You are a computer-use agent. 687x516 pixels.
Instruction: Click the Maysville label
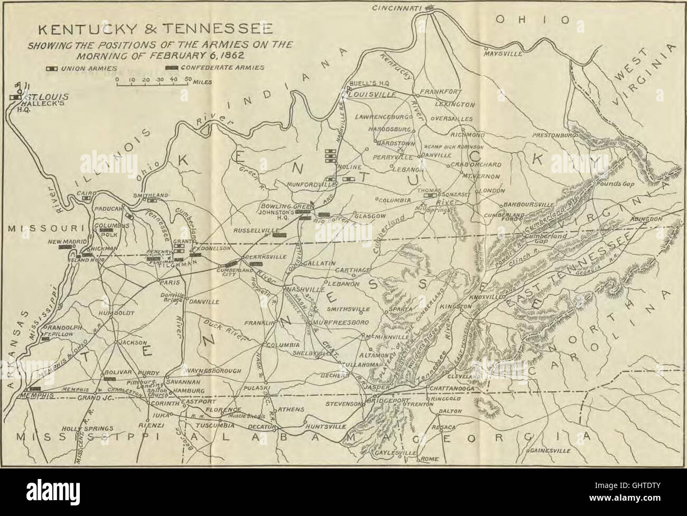click(x=503, y=54)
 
